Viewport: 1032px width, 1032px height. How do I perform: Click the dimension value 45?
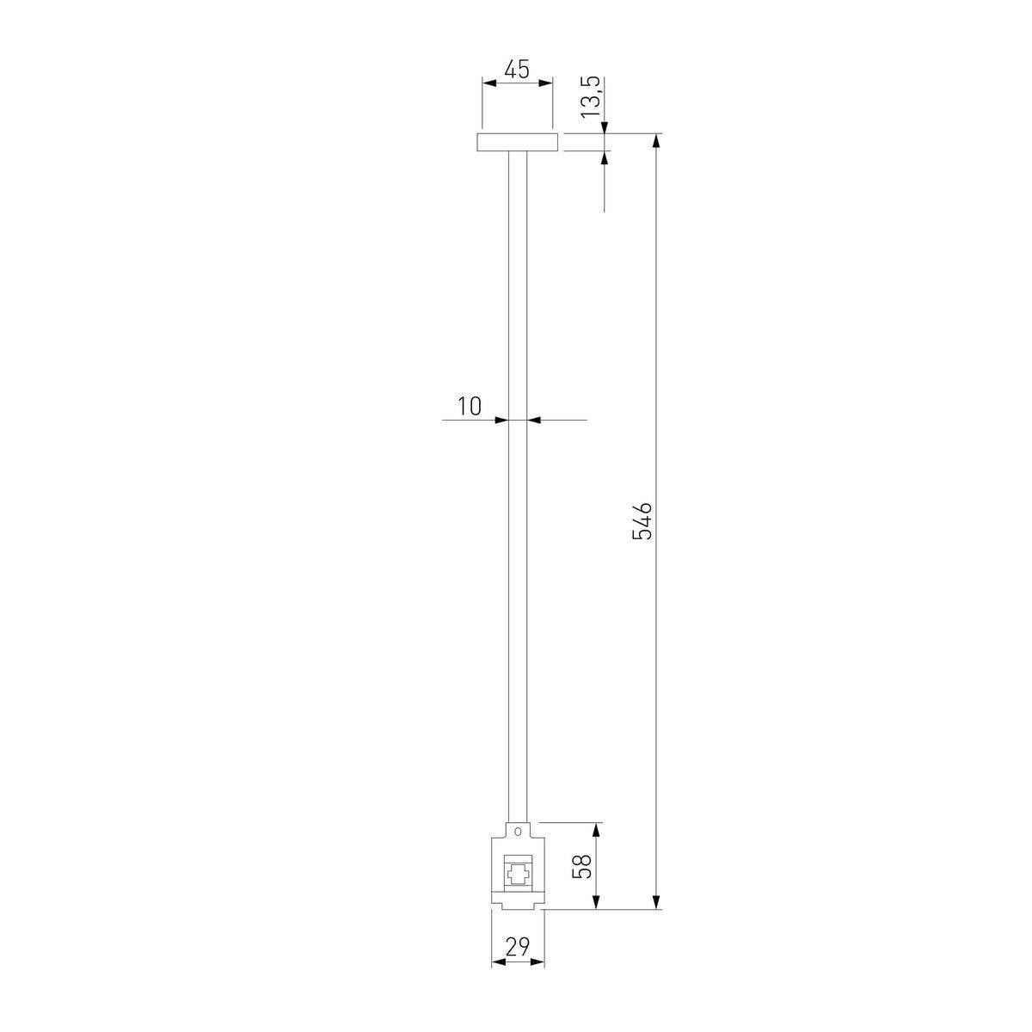tap(517, 69)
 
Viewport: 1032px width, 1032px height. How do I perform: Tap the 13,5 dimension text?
tap(591, 97)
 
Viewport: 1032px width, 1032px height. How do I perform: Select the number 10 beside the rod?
tap(470, 407)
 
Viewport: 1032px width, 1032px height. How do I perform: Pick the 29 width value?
tap(518, 947)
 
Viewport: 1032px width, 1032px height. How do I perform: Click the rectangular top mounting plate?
tap(518, 142)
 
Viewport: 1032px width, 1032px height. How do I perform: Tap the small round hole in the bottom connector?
tap(518, 846)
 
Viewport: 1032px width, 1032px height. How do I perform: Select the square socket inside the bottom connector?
tap(518, 877)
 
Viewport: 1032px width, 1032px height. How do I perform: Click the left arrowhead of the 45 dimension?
tap(489, 83)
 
